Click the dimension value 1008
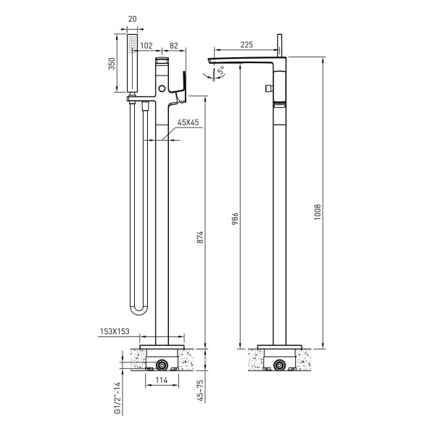click(318, 212)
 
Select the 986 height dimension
click(235, 219)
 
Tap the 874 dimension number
click(200, 237)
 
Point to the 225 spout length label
click(246, 45)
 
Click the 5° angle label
click(221, 71)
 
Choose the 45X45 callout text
click(188, 123)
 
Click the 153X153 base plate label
click(115, 331)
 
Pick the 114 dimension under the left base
click(162, 380)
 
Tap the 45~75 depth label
click(200, 391)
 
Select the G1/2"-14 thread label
click(118, 398)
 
